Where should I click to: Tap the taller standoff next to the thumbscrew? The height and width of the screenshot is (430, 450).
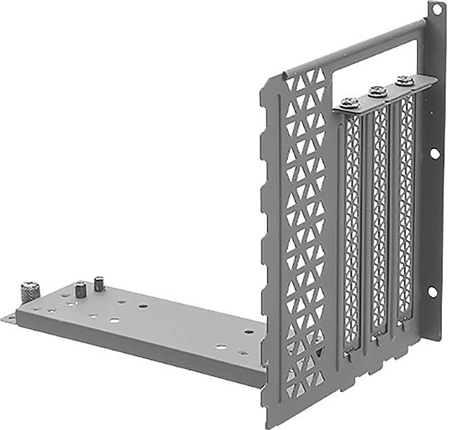pyautogui.click(x=81, y=289)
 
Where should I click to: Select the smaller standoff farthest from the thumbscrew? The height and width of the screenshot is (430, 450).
pyautogui.click(x=99, y=283)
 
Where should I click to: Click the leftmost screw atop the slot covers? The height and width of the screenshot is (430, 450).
pyautogui.click(x=350, y=103)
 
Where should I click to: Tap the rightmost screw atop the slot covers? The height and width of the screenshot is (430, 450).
pyautogui.click(x=405, y=81)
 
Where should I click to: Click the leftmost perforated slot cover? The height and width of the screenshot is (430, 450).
pyautogui.click(x=352, y=227)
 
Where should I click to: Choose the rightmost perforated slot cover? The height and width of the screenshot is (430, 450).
pyautogui.click(x=407, y=207)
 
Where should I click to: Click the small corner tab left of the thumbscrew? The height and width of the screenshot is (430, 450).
pyautogui.click(x=8, y=318)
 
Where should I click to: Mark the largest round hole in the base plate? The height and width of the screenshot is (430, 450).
pyautogui.click(x=113, y=321)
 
